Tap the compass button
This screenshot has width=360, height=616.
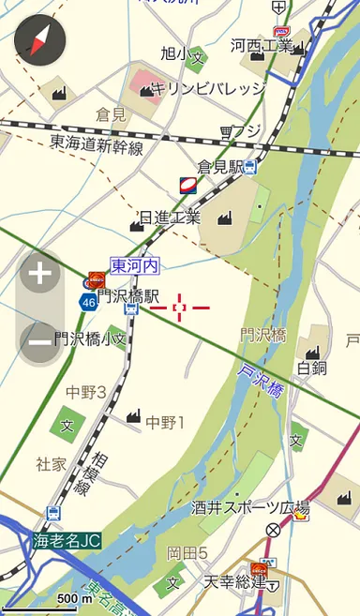40,38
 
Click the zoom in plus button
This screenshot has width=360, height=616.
40,274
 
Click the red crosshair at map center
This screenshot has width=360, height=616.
179,307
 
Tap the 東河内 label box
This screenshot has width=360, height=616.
133,266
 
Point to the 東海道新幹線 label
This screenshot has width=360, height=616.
97,145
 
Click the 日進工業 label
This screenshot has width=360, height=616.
169,218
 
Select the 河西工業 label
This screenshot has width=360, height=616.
261,45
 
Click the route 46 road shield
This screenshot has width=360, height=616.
88,302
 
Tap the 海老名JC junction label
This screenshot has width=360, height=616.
67,541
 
